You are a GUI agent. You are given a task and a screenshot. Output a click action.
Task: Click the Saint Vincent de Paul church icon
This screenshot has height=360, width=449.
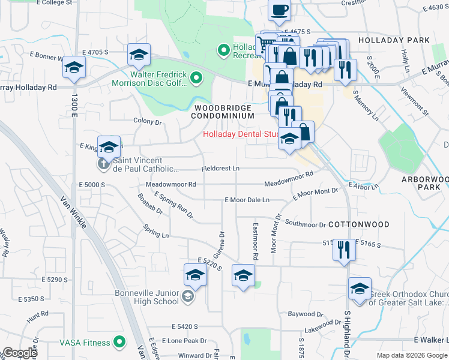pos(102,163)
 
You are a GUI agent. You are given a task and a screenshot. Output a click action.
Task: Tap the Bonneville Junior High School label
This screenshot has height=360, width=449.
pos(147,297)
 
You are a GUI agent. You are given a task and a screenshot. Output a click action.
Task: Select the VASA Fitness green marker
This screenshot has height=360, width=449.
pos(119,343)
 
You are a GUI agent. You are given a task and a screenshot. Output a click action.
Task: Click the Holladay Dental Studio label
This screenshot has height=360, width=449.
pos(242,134)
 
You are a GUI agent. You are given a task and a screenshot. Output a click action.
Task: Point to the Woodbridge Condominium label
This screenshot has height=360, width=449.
pos(223,111)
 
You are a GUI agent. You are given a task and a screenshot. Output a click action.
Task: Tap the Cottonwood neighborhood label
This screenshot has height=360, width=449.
pos(359,224)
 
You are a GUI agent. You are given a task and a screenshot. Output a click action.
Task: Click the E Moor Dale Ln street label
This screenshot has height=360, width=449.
pos(247,199)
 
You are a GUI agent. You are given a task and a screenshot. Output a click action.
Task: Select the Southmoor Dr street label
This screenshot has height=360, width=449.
pos(305,224)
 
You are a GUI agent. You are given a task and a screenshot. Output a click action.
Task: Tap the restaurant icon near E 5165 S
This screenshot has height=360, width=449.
pos(343,248)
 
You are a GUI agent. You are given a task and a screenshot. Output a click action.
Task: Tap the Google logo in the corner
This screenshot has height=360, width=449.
pos(20,353)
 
